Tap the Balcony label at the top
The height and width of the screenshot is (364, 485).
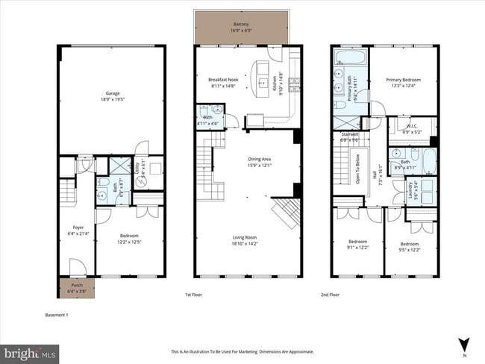pos(240,28)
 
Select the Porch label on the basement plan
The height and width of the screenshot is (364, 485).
pos(77,287)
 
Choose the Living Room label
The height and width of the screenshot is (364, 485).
pos(248,239)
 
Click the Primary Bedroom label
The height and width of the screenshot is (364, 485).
pos(404,84)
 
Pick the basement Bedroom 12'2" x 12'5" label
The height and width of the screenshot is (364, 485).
pos(130,239)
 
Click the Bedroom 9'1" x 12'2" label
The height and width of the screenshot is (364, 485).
pos(358,245)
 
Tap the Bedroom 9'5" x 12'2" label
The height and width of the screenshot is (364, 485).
pos(410,247)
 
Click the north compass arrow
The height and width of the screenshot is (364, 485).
pos(464,343)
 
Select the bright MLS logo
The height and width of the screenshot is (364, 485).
pos(30,351)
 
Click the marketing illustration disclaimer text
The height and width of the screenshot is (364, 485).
pos(242,351)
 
